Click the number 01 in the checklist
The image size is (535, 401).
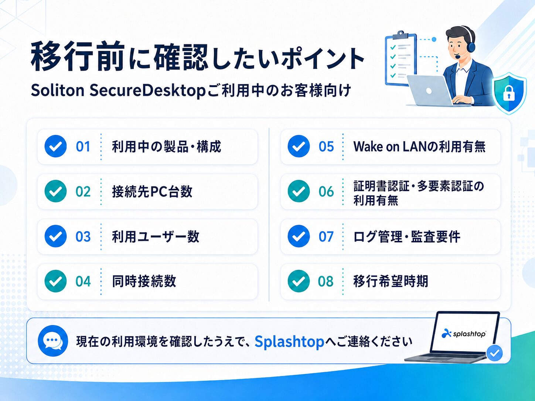pyautogui.click(x=83, y=147)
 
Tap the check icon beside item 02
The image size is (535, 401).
pyautogui.click(x=55, y=191)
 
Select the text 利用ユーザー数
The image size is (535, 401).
pyautogui.click(x=156, y=236)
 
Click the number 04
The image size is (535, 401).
pyautogui.click(x=83, y=281)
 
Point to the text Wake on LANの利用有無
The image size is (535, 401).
pyautogui.click(x=419, y=147)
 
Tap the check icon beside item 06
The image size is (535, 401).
pyautogui.click(x=299, y=191)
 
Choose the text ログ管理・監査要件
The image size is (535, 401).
pyautogui.click(x=407, y=236)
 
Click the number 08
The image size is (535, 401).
pyautogui.click(x=326, y=281)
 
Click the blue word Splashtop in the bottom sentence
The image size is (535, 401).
pyautogui.click(x=289, y=342)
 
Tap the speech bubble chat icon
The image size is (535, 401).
pyautogui.click(x=53, y=341)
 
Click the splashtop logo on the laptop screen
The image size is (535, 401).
pyautogui.click(x=464, y=333)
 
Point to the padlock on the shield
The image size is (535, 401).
pyautogui.click(x=509, y=93)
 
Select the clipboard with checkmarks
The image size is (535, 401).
pyautogui.click(x=401, y=59)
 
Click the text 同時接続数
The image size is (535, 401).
pyautogui.click(x=144, y=281)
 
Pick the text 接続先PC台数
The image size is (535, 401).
pyautogui.click(x=152, y=192)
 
